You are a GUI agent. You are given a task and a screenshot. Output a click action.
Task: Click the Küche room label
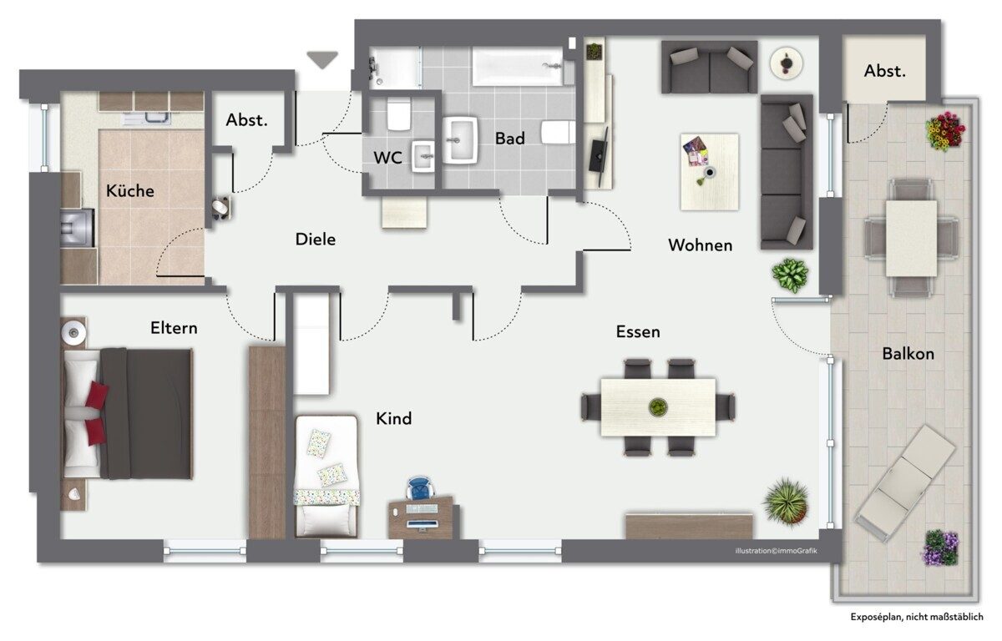(x=129, y=191)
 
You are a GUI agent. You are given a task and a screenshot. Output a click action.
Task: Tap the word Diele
(x=316, y=240)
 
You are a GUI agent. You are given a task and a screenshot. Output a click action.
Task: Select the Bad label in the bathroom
(x=510, y=139)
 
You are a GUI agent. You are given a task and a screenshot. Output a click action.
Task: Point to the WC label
(x=387, y=158)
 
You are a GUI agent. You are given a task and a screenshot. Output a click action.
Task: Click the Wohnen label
(x=701, y=245)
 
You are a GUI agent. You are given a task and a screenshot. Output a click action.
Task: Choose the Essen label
(x=638, y=332)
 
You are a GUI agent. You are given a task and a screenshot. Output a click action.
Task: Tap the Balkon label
(x=908, y=354)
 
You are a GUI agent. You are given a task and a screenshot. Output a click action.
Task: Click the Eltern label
(x=174, y=329)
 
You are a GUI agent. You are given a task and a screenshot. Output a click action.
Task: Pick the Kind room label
(x=393, y=419)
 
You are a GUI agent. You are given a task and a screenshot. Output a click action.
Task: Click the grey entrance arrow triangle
(x=322, y=59)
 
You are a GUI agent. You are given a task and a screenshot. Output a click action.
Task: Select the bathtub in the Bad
(x=518, y=67)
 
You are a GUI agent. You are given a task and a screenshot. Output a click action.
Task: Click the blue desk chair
(x=422, y=488)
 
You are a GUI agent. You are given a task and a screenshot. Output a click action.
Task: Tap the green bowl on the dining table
(x=658, y=406)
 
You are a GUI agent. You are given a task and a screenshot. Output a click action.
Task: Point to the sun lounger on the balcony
(x=905, y=482)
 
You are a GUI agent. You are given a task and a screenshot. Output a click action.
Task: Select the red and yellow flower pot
(x=944, y=131)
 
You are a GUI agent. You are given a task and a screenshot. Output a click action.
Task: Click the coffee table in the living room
(x=710, y=172)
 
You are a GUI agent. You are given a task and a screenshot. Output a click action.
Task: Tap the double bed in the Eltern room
(x=128, y=413)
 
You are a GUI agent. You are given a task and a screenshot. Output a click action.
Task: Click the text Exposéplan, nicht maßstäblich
(x=917, y=618)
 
